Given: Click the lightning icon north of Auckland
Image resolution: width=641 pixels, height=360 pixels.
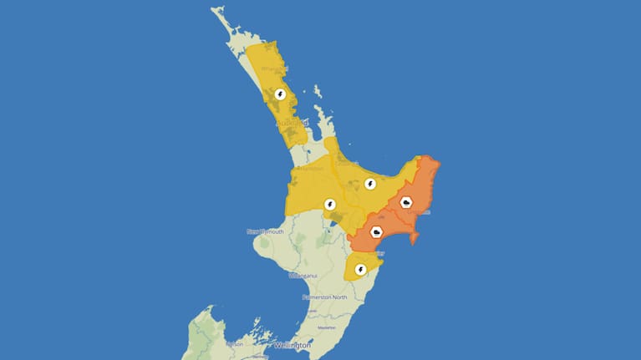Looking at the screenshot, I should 280,94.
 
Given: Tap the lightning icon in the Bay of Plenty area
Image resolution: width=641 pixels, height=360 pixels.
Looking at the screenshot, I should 369,184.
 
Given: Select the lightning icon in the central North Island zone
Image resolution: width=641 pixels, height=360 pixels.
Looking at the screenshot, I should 330,204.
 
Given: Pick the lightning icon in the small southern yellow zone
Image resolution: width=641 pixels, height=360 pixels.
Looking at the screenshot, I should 361,270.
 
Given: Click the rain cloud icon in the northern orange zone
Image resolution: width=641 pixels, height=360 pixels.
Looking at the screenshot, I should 406,202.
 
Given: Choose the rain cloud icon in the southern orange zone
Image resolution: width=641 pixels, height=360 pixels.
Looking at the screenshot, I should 377,232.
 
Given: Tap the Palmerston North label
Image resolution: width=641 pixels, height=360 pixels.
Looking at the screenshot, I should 325,297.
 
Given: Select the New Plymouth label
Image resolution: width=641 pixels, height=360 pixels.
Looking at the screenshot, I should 266,231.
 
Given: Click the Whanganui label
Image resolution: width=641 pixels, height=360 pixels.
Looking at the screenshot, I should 303,275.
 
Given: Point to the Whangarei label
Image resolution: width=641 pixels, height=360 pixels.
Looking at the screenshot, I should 273,68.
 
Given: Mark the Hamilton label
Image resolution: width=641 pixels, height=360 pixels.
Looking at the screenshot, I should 311,169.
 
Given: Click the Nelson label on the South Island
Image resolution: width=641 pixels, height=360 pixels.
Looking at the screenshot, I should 234,343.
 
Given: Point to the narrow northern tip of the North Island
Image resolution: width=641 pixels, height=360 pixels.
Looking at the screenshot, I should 219,13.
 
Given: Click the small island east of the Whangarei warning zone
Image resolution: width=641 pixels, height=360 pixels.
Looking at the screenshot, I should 318,92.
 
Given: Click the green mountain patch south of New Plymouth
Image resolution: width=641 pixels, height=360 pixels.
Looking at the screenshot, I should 265,246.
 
